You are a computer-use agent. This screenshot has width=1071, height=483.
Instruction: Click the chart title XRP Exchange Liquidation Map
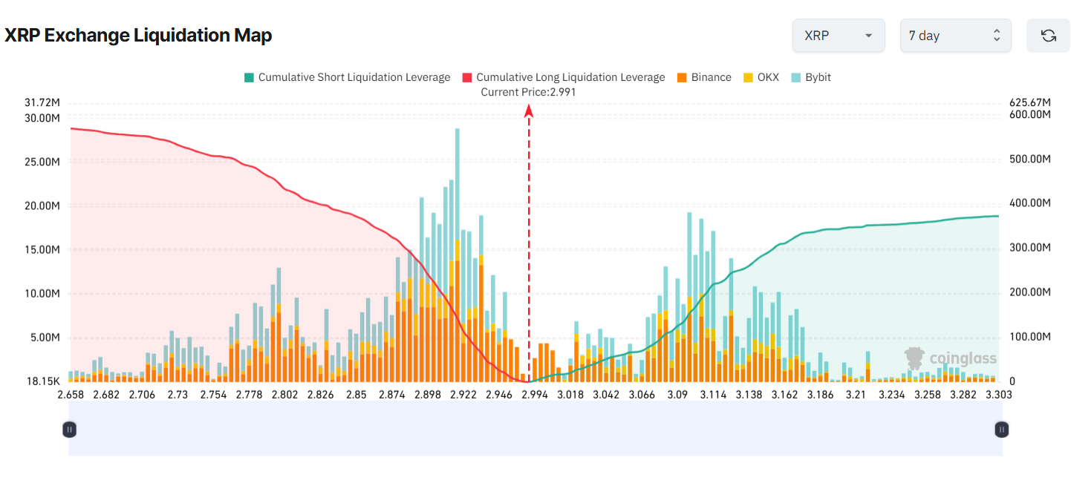pos(138,36)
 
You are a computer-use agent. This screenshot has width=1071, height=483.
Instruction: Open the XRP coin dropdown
pos(838,36)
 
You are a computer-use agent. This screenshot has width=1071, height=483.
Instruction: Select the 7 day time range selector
pos(955,36)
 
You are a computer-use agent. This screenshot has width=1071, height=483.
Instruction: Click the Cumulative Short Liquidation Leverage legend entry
pos(347,77)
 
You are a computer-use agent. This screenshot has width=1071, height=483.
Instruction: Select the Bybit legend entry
pos(811,77)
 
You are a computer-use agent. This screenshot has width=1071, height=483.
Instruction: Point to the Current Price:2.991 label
pos(528,92)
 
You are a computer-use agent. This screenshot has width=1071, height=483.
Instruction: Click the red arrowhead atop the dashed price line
pos(529,111)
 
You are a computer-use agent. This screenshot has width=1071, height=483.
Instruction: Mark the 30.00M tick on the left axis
pos(42,118)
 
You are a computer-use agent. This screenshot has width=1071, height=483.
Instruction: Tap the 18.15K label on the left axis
pos(43,381)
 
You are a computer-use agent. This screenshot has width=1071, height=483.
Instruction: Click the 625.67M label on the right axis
pos(1030,102)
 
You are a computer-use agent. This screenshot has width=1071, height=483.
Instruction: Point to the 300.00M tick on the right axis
pos(1030,248)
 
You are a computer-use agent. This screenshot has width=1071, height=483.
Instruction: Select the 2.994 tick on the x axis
pos(535,395)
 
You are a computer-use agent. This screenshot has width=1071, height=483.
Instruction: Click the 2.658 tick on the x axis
pos(71,395)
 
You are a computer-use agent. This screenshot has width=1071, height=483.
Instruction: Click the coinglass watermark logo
pos(951,359)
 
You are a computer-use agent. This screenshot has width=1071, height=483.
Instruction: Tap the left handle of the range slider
pos(69,429)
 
